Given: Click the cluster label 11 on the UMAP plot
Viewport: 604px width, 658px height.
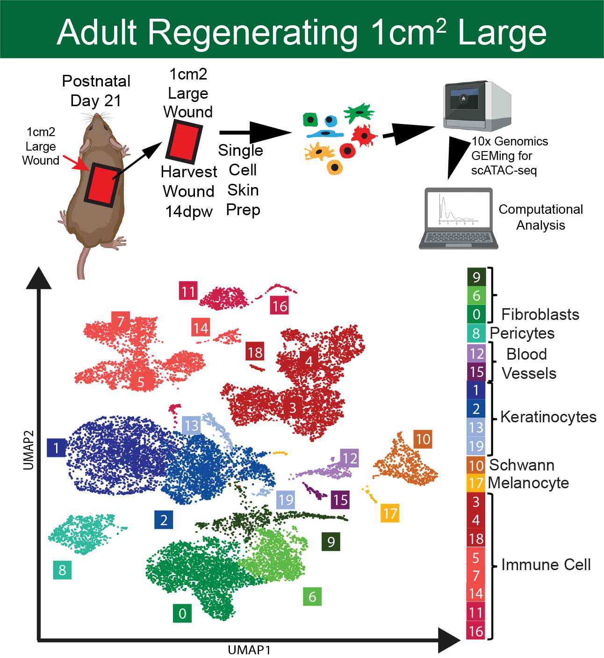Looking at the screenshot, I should tap(188, 291).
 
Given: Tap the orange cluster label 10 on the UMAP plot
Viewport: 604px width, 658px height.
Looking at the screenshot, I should tap(423, 439).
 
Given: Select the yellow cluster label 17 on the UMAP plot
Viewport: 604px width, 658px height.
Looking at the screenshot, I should tap(390, 513).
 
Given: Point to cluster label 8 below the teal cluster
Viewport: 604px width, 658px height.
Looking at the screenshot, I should tap(62, 570).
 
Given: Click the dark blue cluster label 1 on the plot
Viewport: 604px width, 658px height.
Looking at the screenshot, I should tap(56, 448).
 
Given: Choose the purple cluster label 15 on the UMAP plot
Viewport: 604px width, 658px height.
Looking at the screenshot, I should tap(340, 500).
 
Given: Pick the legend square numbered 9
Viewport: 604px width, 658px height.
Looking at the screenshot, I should tap(476, 277).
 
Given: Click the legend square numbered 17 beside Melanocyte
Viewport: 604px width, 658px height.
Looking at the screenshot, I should tap(476, 483).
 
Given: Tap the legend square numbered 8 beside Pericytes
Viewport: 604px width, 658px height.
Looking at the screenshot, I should tap(476, 333).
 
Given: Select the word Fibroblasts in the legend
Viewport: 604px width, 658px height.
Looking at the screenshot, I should tap(540, 314).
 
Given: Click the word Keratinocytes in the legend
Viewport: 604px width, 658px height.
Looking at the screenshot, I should tap(548, 417).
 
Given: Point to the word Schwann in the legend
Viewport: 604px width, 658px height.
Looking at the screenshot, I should tap(522, 465).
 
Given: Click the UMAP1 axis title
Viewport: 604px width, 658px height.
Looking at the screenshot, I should tap(249, 650).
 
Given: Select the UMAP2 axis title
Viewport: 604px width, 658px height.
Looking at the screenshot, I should tap(29, 449).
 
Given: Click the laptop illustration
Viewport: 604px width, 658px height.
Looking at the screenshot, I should tap(458, 218).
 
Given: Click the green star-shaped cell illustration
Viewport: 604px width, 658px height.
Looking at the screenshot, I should tap(359, 113).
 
